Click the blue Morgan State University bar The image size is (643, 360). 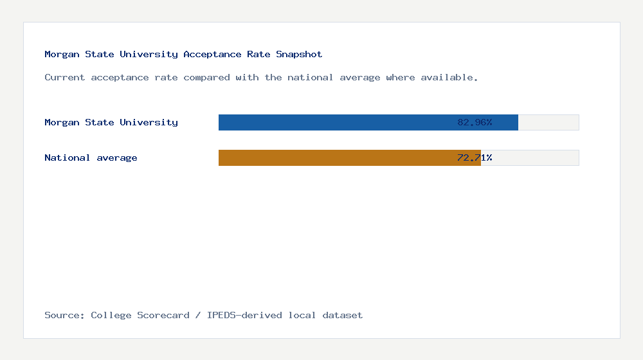tap(334, 122)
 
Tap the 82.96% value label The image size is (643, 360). tap(475, 122)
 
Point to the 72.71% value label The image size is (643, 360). tap(475, 157)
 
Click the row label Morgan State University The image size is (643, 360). tap(111, 122)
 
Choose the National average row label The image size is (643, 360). tap(91, 157)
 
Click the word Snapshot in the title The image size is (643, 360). tap(299, 55)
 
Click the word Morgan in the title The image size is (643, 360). tap(62, 55)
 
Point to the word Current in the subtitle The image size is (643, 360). tap(65, 78)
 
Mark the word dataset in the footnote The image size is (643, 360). tap(343, 316)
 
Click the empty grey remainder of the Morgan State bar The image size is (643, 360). tap(548, 122)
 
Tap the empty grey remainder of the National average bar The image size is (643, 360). tap(530, 157)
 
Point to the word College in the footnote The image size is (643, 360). tap(111, 316)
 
